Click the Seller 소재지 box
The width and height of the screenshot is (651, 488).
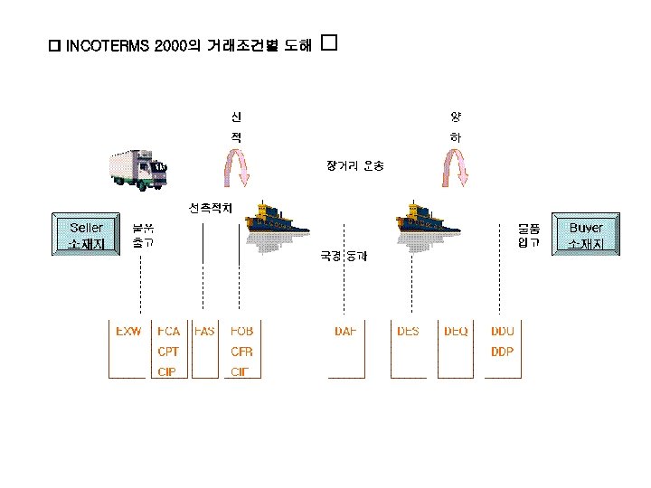[x=86, y=235]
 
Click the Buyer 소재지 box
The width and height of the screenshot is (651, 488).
[x=586, y=235]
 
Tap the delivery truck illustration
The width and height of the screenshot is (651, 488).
[x=138, y=169]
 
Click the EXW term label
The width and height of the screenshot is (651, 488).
[x=128, y=332]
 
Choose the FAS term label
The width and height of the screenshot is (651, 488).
[x=205, y=332]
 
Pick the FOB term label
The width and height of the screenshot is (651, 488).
[x=241, y=332]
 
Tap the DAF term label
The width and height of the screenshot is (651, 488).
[x=345, y=332]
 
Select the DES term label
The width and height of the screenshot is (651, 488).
[x=408, y=332]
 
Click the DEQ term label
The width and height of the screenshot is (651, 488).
[x=456, y=332]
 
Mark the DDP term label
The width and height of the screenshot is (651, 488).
[x=502, y=352]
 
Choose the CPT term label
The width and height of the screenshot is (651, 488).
[x=168, y=352]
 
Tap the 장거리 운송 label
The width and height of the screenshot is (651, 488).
[x=355, y=165]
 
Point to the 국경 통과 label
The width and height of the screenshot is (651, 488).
[x=344, y=257]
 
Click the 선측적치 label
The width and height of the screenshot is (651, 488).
[x=211, y=208]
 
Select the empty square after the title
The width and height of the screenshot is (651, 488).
[x=328, y=42]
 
